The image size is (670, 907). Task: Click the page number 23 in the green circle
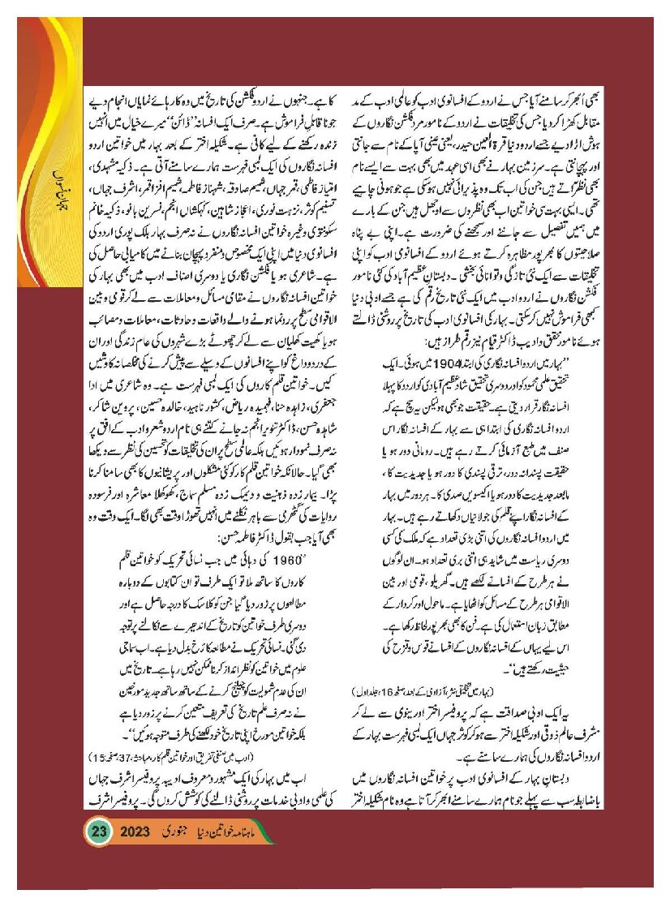(100, 832)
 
